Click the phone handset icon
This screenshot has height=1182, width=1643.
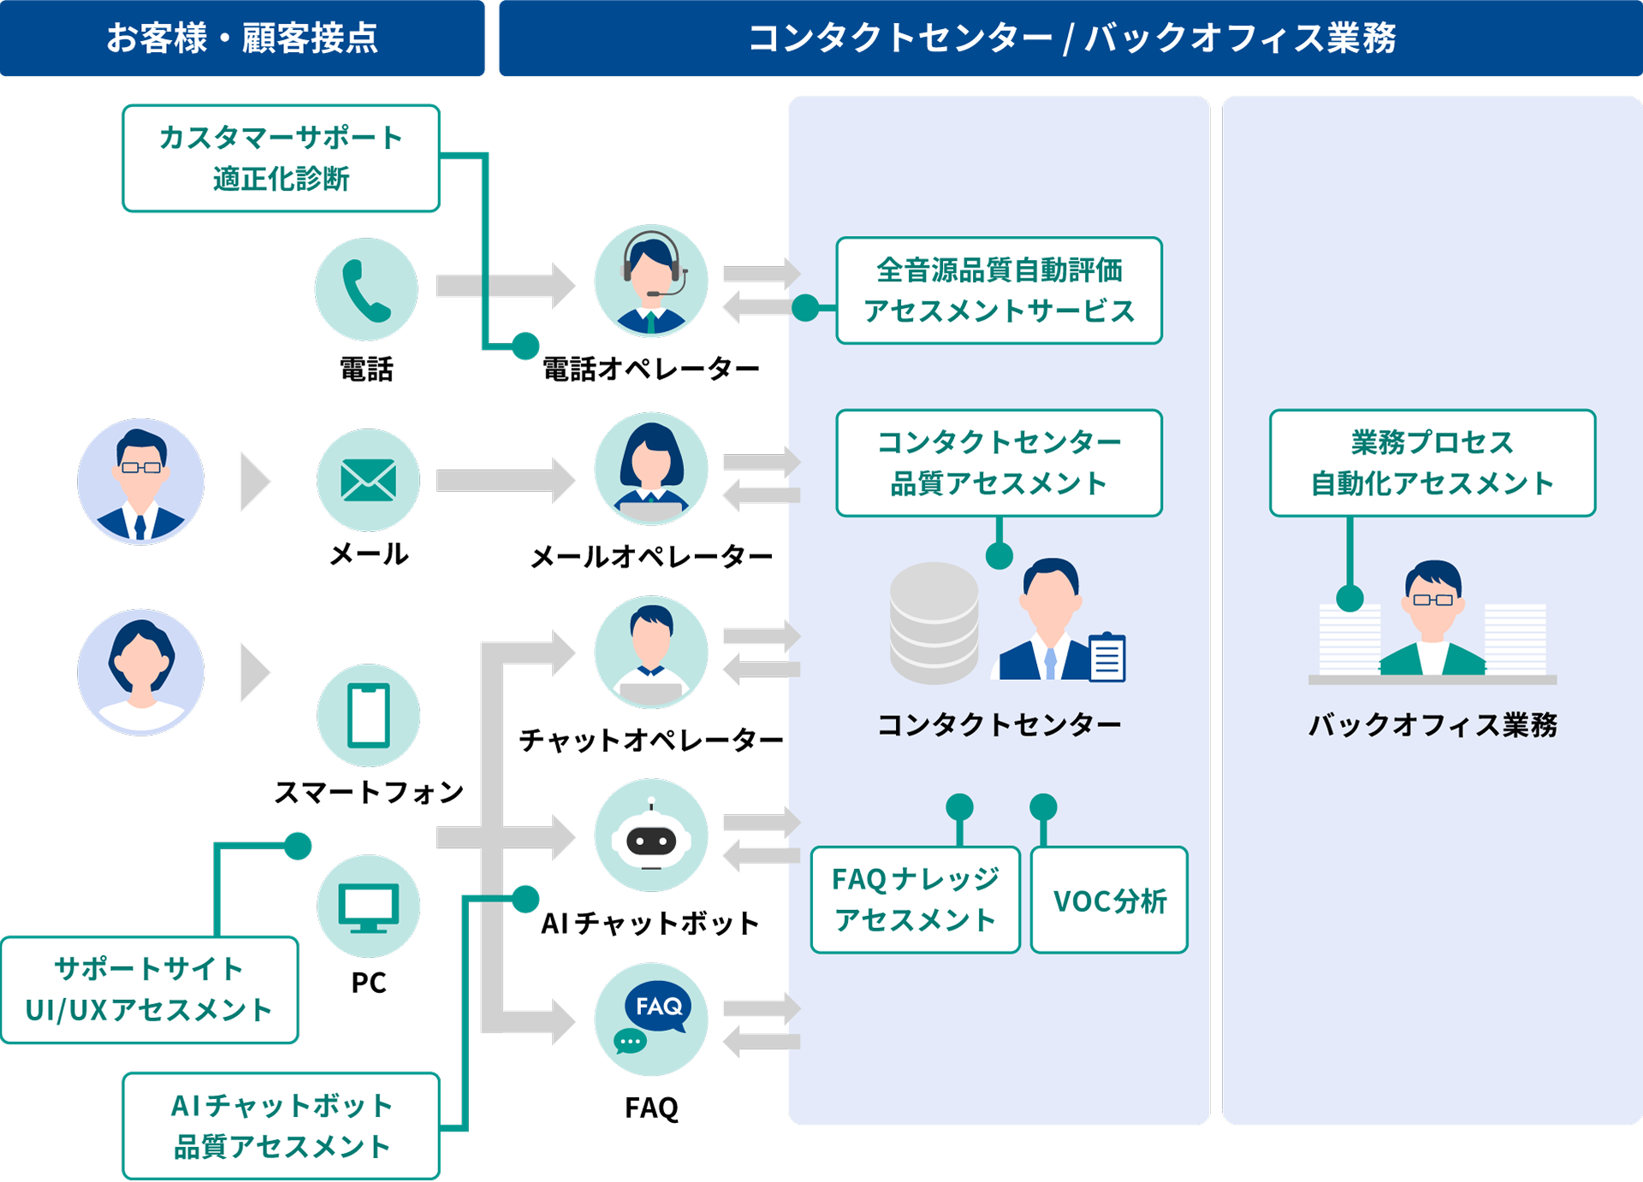click(366, 290)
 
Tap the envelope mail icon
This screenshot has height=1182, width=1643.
click(368, 480)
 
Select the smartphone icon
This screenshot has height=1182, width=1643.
click(368, 716)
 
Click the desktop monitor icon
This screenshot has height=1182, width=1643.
click(368, 907)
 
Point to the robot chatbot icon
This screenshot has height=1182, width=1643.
click(651, 836)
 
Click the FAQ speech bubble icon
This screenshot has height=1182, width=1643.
click(651, 1019)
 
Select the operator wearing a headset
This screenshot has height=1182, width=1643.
click(651, 281)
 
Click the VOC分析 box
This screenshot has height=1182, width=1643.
click(1109, 901)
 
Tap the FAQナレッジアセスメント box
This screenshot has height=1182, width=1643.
click(915, 901)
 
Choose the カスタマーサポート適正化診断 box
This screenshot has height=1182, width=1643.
click(281, 158)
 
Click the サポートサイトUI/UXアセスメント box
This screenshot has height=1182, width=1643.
click(149, 990)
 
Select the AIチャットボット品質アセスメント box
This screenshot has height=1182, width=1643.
click(281, 1126)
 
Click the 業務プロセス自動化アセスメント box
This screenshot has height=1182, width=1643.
click(1432, 463)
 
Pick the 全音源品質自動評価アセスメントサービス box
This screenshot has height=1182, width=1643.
click(999, 291)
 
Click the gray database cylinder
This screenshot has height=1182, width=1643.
click(934, 623)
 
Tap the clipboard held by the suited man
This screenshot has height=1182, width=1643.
click(1107, 658)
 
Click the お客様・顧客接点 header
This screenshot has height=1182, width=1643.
click(242, 38)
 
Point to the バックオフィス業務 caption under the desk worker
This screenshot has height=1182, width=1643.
click(1432, 725)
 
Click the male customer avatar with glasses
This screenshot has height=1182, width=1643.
click(140, 481)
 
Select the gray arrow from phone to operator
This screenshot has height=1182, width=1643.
click(505, 286)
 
